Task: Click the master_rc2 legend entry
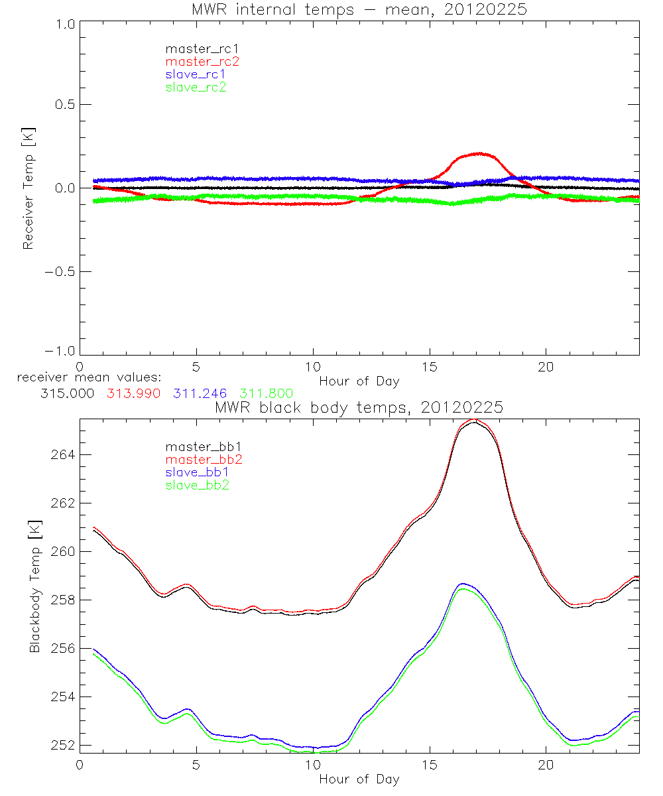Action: point(202,62)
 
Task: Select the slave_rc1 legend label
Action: point(196,74)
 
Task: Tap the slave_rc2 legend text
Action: point(196,87)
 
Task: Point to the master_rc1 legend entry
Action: point(196,49)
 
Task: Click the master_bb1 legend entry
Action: point(202,446)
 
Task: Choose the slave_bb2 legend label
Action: point(196,486)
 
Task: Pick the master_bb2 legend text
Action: point(202,460)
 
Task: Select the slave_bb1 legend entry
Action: point(196,472)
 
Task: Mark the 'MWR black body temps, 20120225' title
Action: point(359,408)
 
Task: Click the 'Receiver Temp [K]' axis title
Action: point(28,188)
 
